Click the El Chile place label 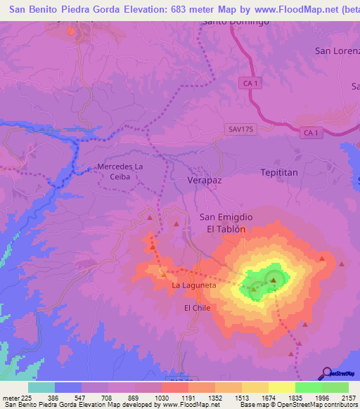click(x=197, y=308)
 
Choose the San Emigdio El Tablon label click(x=226, y=223)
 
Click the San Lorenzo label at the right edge click(x=337, y=51)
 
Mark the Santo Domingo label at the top click(x=236, y=22)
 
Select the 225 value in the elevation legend click(x=26, y=397)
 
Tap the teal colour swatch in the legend click(x=41, y=387)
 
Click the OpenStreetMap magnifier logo click(x=326, y=373)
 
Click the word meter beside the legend click(x=11, y=397)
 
